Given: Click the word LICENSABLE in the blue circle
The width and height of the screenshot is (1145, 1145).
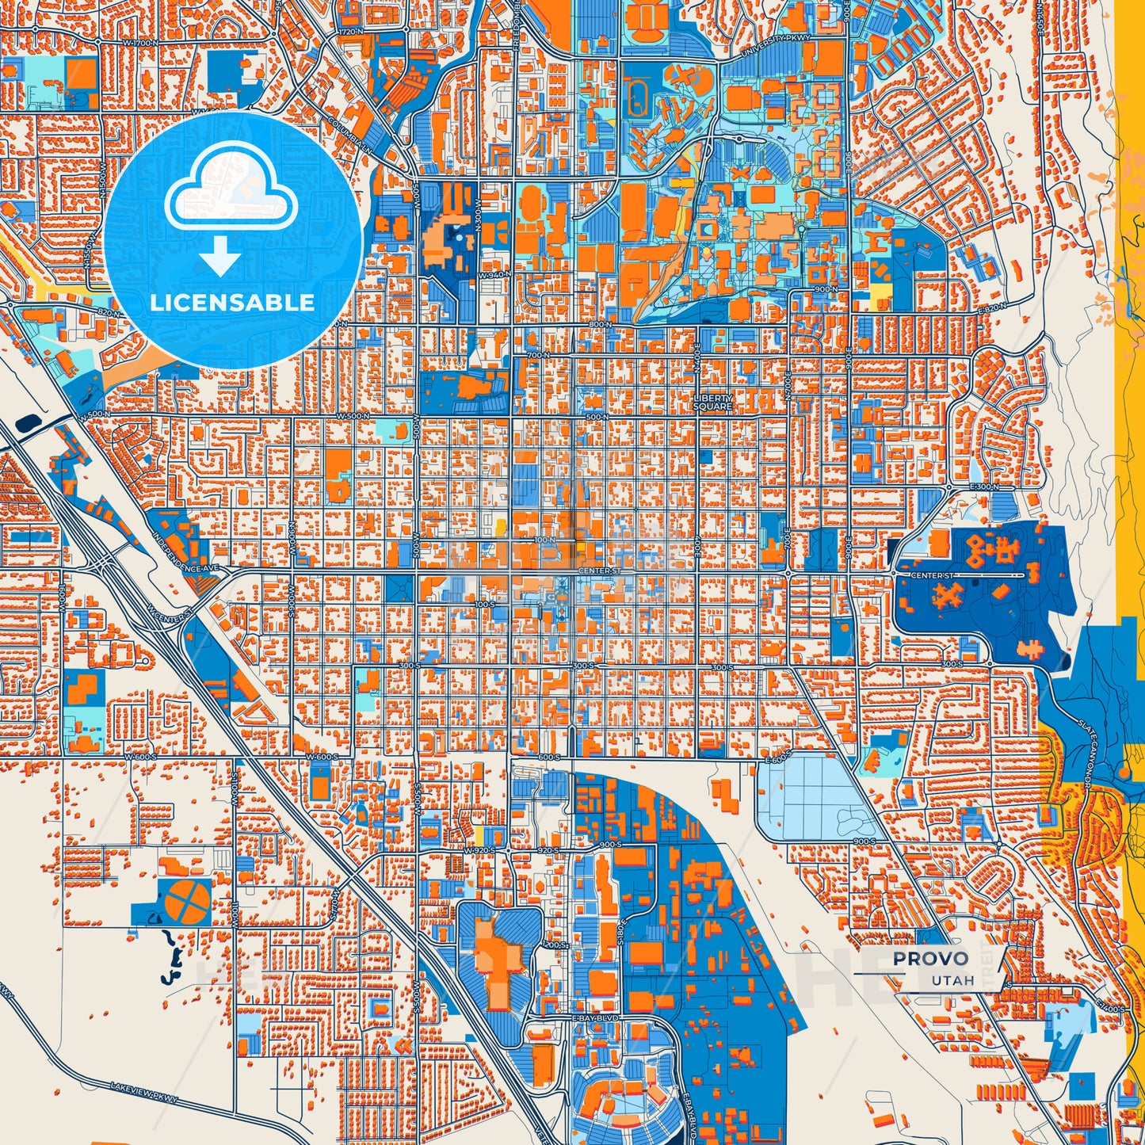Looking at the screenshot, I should pyautogui.click(x=232, y=302).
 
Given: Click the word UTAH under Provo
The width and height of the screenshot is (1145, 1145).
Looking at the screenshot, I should pyautogui.click(x=952, y=980).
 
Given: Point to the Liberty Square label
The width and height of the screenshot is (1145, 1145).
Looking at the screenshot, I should pyautogui.click(x=713, y=403).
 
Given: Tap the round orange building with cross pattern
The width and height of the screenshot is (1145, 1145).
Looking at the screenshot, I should pyautogui.click(x=189, y=899).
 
